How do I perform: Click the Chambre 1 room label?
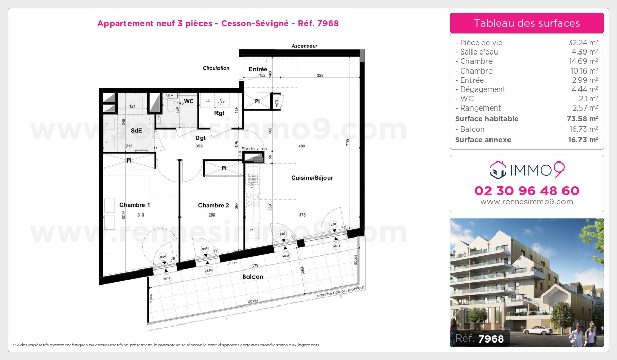pyautogui.click(x=135, y=205)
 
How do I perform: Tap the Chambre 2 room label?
pyautogui.click(x=213, y=205)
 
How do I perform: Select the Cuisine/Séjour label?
pyautogui.click(x=312, y=178)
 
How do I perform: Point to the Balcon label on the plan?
pyautogui.click(x=252, y=277)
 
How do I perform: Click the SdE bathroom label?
pyautogui.click(x=136, y=131)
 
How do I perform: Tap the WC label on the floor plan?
pyautogui.click(x=189, y=101)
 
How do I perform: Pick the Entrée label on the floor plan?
pyautogui.click(x=258, y=69)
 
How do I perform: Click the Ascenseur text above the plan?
pyautogui.click(x=304, y=46)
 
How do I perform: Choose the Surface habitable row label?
pyautogui.click(x=486, y=119)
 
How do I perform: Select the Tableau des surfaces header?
pyautogui.click(x=527, y=23)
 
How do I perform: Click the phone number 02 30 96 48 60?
pyautogui.click(x=527, y=191)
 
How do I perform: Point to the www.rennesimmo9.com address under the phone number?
pyautogui.click(x=527, y=202)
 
